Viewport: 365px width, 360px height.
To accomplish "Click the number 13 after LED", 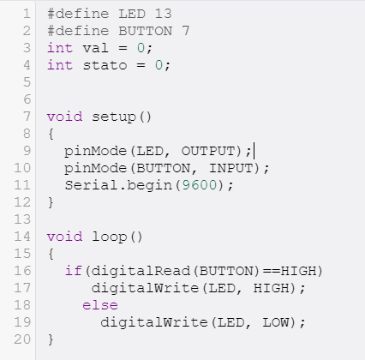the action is click(x=164, y=14).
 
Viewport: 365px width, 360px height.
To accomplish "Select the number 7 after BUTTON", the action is click(x=186, y=31).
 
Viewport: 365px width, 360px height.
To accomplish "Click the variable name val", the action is click(x=96, y=48).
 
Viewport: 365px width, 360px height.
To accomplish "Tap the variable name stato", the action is click(x=105, y=65).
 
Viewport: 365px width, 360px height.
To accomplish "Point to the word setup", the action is click(x=114, y=117).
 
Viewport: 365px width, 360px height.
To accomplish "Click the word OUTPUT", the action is click(x=208, y=151).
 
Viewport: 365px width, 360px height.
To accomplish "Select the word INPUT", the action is click(x=231, y=168).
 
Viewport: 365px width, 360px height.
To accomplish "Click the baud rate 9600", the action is click(x=200, y=185).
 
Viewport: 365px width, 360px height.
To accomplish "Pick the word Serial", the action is click(x=91, y=185).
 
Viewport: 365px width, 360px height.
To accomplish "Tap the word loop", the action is click(x=110, y=237).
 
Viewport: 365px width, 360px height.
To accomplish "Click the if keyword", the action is click(x=74, y=271).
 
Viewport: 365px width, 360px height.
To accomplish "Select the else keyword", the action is click(x=100, y=305).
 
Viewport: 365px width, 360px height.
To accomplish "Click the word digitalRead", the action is click(x=141, y=271).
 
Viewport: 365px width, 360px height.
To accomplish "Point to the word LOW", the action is click(x=275, y=322).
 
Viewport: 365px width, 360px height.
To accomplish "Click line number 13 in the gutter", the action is click(x=22, y=219).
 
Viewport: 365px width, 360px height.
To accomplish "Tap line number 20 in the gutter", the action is click(x=22, y=339).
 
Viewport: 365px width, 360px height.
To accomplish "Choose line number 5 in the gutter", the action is click(x=27, y=82).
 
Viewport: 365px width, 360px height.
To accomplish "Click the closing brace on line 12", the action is click(x=51, y=202).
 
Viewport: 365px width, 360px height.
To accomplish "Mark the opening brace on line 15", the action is click(x=51, y=254).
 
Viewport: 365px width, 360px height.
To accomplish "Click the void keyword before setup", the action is click(x=64, y=117).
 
